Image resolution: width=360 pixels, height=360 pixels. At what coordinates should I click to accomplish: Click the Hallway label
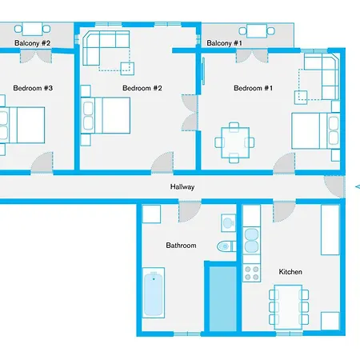tap(182, 186)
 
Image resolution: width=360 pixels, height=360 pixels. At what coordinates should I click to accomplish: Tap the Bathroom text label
tap(180, 246)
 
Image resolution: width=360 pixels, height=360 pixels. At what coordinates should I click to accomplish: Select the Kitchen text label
tap(290, 272)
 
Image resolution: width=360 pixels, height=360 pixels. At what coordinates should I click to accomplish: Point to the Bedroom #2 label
tap(142, 88)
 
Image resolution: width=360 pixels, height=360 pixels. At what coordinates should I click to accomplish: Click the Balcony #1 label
tap(223, 43)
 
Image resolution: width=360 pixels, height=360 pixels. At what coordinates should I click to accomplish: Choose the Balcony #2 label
tap(32, 43)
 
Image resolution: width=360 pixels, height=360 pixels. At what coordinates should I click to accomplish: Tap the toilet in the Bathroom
tap(226, 246)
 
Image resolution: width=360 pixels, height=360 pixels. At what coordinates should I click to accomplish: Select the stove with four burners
tap(251, 273)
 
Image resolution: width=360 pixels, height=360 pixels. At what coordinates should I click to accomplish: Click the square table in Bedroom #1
tap(234, 142)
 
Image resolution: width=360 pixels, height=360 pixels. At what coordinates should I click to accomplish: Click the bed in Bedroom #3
tap(20, 124)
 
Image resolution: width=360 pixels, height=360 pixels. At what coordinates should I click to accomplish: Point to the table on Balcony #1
tap(257, 32)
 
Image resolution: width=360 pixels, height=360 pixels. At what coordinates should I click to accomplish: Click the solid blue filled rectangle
tap(223, 298)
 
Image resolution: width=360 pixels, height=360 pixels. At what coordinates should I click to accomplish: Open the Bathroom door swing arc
tap(190, 212)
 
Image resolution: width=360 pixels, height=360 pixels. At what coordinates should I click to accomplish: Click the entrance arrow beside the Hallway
tap(356, 187)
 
